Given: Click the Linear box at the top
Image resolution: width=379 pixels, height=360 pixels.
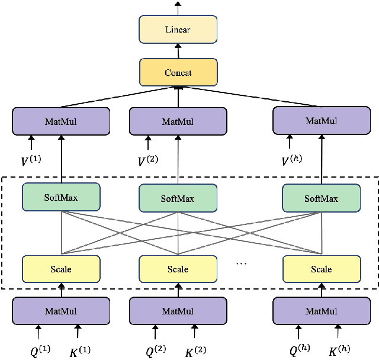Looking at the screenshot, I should click(x=178, y=28).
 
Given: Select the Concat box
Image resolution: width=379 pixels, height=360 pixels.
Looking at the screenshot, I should click(x=178, y=72).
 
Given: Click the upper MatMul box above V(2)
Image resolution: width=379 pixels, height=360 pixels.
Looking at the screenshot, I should click(x=178, y=121).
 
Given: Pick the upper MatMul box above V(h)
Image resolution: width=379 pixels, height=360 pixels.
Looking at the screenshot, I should click(x=321, y=120).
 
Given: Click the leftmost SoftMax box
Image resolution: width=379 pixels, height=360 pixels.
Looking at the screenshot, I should click(x=60, y=197).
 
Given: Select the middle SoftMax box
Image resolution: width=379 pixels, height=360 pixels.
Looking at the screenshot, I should click(x=178, y=199).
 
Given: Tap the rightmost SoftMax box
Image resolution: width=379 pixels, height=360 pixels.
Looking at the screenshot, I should click(x=321, y=198).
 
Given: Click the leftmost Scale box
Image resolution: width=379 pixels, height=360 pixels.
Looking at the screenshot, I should click(x=60, y=269).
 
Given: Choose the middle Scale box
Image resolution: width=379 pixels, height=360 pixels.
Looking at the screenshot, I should click(x=178, y=269).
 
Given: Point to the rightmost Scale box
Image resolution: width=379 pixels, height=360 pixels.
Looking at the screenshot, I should click(x=321, y=269).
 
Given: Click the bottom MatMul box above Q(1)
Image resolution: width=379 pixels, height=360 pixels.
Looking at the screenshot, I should click(x=60, y=311).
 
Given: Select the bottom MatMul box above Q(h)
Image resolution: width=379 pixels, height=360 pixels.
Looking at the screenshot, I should click(x=321, y=311).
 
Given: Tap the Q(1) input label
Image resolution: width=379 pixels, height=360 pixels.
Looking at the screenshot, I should click(x=40, y=350).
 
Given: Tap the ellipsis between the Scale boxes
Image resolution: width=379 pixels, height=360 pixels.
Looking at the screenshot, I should click(x=242, y=263).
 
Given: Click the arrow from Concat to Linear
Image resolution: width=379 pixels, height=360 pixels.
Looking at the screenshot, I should click(x=178, y=51).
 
